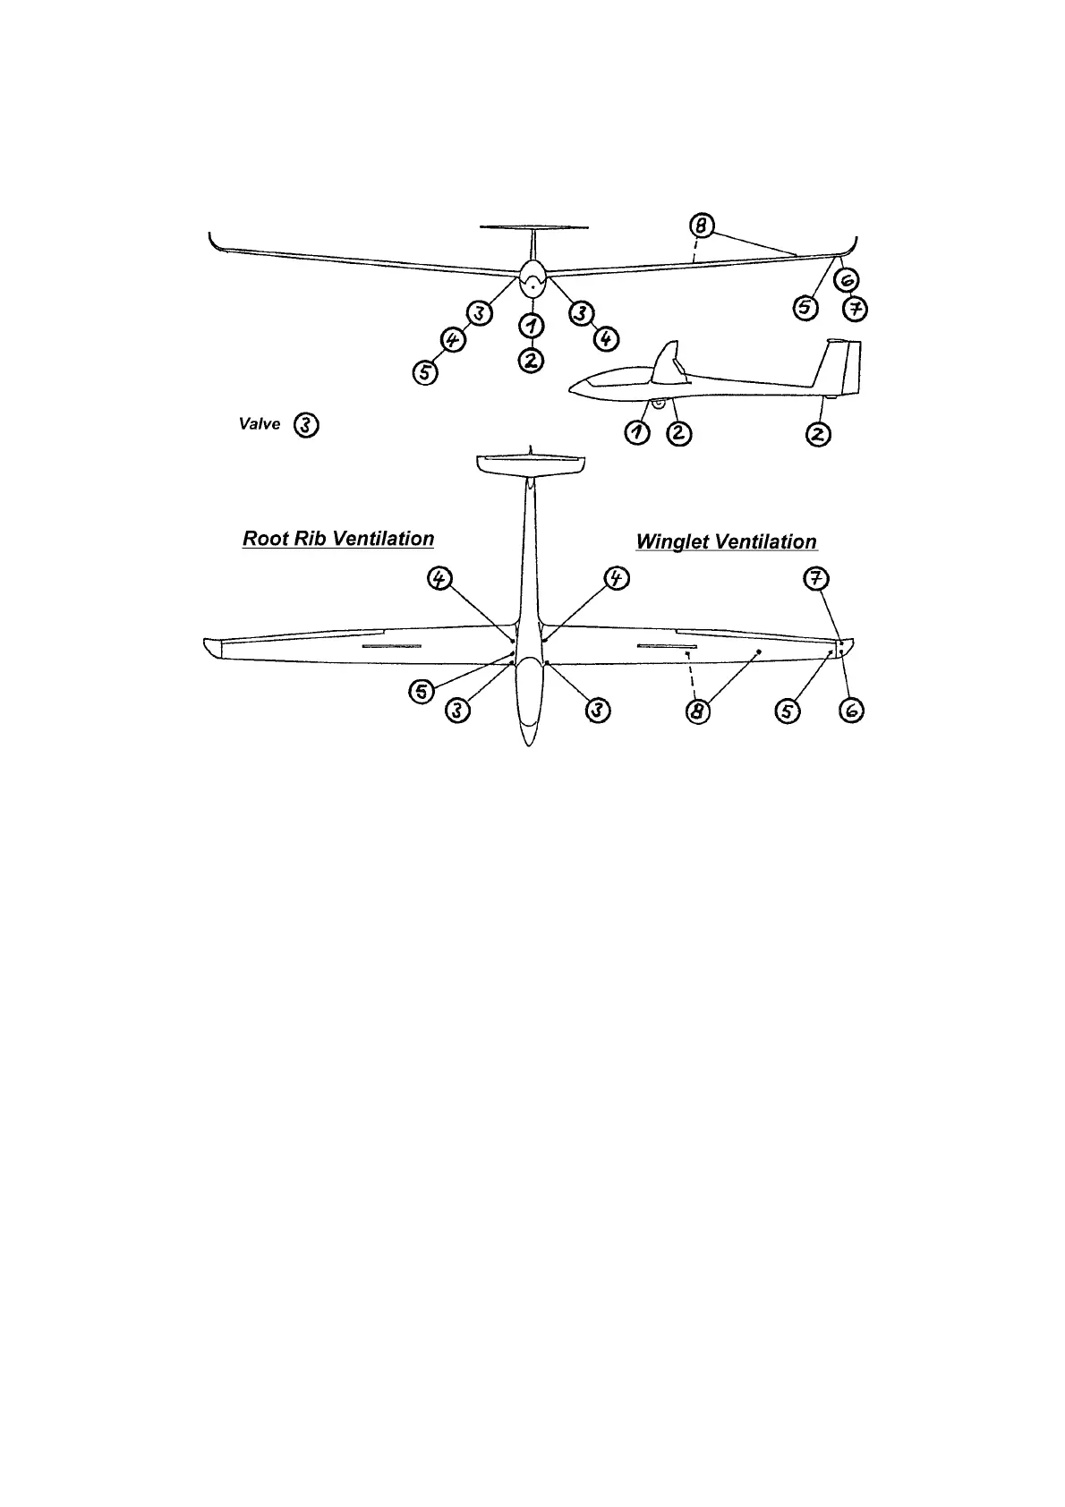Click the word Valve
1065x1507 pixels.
(260, 424)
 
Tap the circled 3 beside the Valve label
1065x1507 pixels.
(306, 425)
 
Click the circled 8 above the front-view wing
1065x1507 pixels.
(703, 226)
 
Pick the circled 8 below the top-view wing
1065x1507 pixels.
(698, 711)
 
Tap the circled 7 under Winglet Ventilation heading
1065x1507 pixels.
(813, 579)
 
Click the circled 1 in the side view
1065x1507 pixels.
(637, 434)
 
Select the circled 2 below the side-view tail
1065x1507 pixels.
(819, 435)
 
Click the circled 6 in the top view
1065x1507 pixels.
(852, 711)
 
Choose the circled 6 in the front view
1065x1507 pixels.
(846, 282)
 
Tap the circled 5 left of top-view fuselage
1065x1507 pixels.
(422, 691)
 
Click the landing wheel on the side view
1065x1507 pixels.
(658, 404)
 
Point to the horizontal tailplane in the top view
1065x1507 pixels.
(531, 465)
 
